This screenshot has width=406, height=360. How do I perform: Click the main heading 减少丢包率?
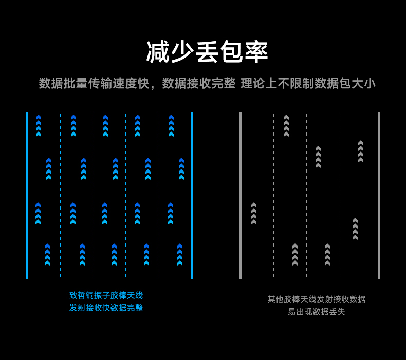pos(207,52)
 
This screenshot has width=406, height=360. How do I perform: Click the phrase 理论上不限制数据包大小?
pos(308,83)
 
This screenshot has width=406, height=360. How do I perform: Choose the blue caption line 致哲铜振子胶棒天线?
pos(106,295)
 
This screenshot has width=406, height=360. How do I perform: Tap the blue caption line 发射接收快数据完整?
pos(106,308)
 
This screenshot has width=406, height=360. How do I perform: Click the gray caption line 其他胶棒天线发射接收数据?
pos(317,299)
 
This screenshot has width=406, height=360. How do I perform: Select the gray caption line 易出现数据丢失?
pos(317,312)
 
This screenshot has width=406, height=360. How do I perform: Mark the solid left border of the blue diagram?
pos(27,195)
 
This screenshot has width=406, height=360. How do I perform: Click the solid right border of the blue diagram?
pos(192,195)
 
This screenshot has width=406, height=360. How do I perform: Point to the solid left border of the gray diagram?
pos(241,195)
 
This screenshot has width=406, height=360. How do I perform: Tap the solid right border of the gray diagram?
pos(379,195)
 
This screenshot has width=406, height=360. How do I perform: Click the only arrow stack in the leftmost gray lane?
pos(254,213)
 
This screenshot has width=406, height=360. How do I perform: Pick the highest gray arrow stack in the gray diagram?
pos(286,125)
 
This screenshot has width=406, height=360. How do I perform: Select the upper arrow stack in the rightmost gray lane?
pos(361,151)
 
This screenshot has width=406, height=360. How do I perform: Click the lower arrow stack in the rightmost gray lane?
pos(355,229)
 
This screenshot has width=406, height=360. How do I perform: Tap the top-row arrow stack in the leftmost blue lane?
pos(39,125)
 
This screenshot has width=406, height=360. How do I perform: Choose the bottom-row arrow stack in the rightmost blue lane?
pos(180,254)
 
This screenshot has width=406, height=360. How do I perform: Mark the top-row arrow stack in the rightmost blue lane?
pos(171,125)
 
